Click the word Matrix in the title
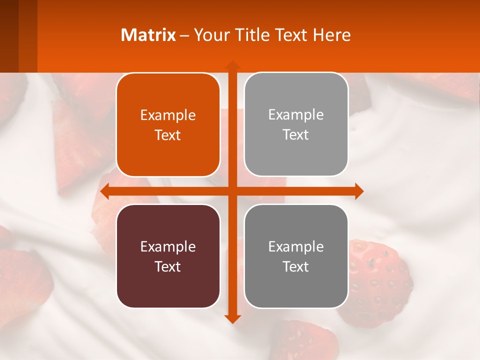point(148,35)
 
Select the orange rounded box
point(168,125)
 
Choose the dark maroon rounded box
point(168,256)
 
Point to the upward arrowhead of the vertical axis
point(232,65)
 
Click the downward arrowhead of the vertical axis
point(232,318)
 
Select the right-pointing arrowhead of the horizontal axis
point(358,191)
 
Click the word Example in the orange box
point(168,115)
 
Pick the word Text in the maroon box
point(168,266)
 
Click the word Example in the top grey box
point(296,115)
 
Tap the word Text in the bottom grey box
point(296,266)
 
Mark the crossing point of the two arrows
point(232,191)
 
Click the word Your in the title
point(209,35)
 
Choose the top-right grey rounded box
point(296,124)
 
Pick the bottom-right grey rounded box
point(296,256)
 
